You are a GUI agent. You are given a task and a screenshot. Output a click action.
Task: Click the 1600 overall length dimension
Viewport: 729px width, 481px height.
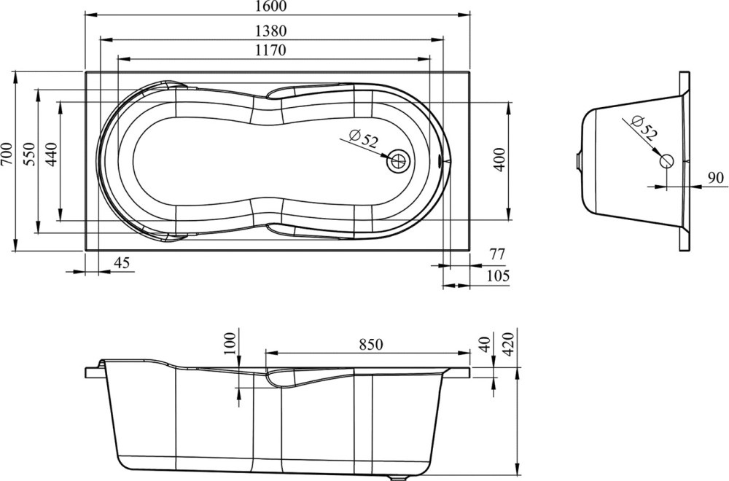click(271, 6)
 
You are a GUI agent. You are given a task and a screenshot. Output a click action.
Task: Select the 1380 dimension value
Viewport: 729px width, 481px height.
click(271, 31)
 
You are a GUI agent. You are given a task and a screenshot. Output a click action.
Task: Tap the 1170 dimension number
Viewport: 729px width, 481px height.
click(270, 50)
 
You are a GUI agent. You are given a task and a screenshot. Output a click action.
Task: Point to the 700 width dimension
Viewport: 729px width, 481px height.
click(6, 154)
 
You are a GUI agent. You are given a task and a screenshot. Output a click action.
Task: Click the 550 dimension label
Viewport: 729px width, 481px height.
click(28, 154)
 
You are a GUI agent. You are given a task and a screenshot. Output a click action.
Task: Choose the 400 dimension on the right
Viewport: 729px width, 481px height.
click(500, 160)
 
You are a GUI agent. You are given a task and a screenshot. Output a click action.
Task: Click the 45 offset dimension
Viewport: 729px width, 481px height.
click(122, 263)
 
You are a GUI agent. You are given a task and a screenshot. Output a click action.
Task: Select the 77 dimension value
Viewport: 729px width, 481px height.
click(496, 254)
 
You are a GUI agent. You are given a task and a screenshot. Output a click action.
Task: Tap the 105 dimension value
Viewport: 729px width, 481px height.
click(498, 276)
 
